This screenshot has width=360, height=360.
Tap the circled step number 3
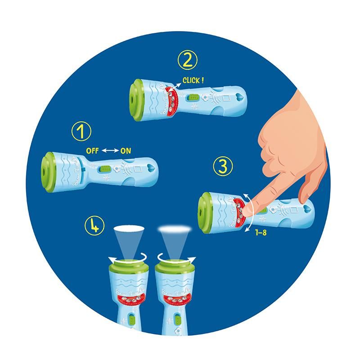point(223,167)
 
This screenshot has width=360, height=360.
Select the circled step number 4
point(94,225)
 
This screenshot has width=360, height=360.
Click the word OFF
point(92,151)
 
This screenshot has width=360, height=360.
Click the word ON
point(126,151)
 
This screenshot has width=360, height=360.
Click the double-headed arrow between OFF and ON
point(109,151)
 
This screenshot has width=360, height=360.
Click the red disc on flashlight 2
point(171,101)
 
